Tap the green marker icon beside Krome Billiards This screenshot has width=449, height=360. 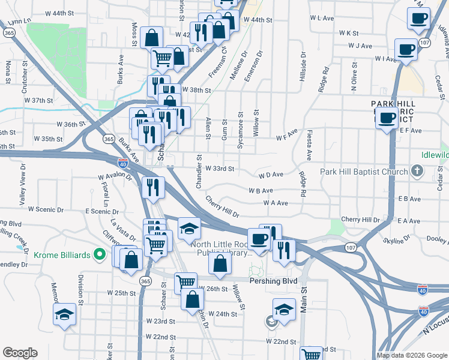103,255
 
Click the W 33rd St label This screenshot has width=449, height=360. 219,169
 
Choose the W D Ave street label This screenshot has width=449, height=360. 271,175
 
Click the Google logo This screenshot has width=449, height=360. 20,353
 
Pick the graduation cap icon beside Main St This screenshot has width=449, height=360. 284,310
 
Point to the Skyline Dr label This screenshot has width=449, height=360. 397,239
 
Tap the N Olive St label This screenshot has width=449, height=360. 355,80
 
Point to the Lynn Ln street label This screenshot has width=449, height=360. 20,22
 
